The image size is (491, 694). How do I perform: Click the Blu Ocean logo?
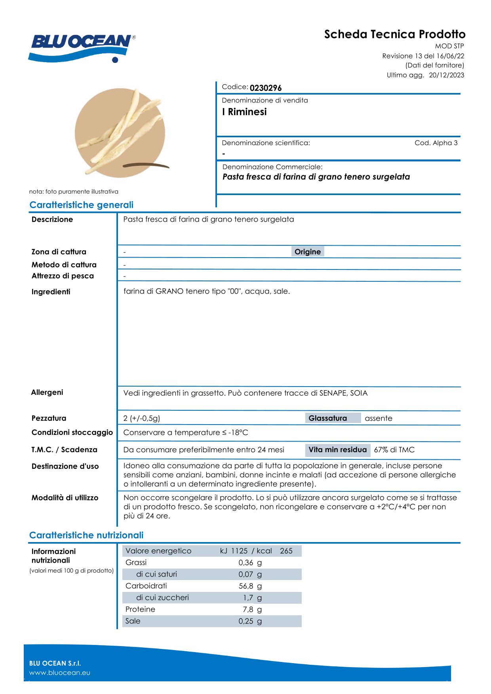click(82, 47)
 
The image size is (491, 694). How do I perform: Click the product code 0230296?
click(265, 88)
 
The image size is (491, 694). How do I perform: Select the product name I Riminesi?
click(244, 112)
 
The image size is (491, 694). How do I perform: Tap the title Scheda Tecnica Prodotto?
click(395, 34)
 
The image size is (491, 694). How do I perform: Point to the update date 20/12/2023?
click(447, 75)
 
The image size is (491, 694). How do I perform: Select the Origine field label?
click(308, 252)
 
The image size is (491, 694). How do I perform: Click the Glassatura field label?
click(327, 418)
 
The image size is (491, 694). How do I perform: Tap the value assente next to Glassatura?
click(379, 418)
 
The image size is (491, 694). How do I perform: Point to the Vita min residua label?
click(337, 450)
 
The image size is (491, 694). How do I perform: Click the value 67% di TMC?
click(394, 450)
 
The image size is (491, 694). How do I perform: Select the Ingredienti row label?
click(51, 292)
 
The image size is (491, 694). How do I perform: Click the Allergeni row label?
click(47, 393)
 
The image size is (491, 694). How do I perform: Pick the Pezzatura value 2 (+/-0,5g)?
click(142, 418)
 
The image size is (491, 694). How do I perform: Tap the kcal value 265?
click(286, 551)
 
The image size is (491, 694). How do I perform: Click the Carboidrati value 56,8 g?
click(250, 586)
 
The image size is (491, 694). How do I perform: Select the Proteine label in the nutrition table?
click(140, 609)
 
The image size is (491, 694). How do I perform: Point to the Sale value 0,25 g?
click(250, 621)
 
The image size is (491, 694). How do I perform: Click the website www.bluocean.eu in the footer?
click(60, 673)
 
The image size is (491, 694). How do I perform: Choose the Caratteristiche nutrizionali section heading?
click(86, 535)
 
